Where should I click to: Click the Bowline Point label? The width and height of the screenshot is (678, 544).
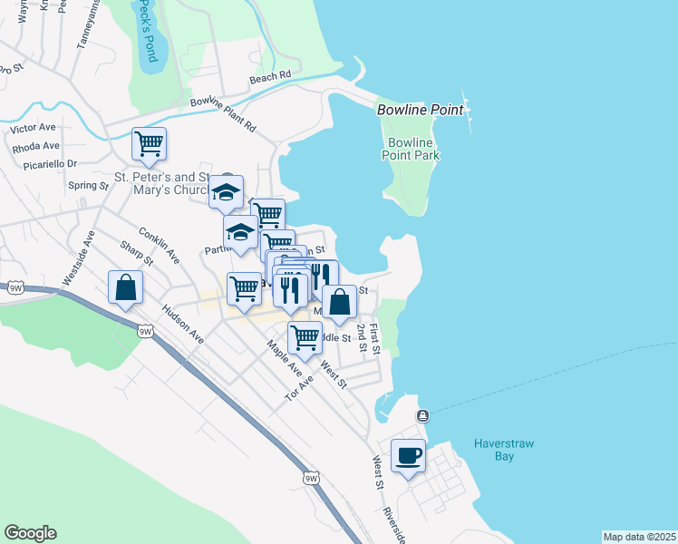click(420, 110)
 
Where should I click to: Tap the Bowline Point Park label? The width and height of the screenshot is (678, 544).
click(413, 150)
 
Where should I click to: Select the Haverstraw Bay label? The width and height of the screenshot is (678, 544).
click(494, 450)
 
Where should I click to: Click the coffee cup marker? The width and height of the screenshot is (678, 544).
click(408, 455)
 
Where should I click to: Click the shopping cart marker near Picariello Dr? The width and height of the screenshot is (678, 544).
click(149, 143)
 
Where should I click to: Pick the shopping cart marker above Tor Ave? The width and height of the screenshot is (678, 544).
click(305, 337)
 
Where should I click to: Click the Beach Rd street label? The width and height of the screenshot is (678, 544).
click(269, 78)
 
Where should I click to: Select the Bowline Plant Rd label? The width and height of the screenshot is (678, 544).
click(223, 114)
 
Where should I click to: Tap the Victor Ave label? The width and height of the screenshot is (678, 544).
click(34, 128)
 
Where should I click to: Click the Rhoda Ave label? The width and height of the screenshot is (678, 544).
click(36, 146)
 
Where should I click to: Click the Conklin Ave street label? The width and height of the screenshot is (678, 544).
click(159, 246)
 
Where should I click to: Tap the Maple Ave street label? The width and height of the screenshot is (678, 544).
click(284, 358)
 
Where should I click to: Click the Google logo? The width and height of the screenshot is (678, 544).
click(30, 533)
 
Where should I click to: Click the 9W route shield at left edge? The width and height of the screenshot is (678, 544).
click(15, 287)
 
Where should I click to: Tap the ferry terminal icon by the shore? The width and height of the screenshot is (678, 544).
click(422, 415)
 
